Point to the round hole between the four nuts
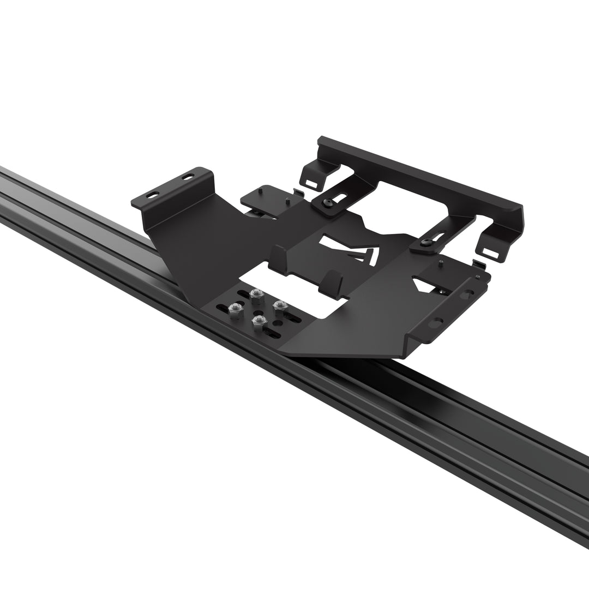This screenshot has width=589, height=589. tap(258, 309)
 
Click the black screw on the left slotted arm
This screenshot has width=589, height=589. tap(327, 203)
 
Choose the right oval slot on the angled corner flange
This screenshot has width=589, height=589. tap(188, 177)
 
